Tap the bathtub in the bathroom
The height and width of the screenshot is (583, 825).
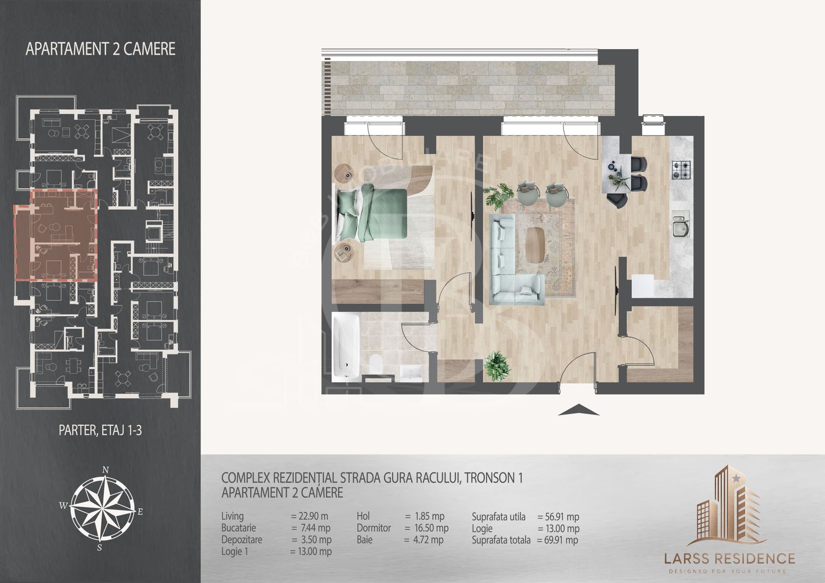click(x=346, y=347)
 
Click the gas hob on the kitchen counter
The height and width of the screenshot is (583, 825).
click(x=681, y=170)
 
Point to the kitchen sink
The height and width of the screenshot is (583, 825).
click(x=681, y=224)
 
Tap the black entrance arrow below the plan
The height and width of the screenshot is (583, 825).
click(x=579, y=410)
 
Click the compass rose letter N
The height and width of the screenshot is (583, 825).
click(x=105, y=470)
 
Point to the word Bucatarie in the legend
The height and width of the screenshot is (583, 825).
click(x=239, y=528)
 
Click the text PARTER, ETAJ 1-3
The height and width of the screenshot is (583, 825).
click(x=100, y=430)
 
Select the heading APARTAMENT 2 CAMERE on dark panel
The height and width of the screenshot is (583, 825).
click(x=100, y=49)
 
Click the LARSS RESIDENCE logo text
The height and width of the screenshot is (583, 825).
click(x=729, y=559)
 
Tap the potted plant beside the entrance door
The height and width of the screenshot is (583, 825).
click(x=497, y=365)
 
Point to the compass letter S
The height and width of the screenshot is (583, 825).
click(x=99, y=548)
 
